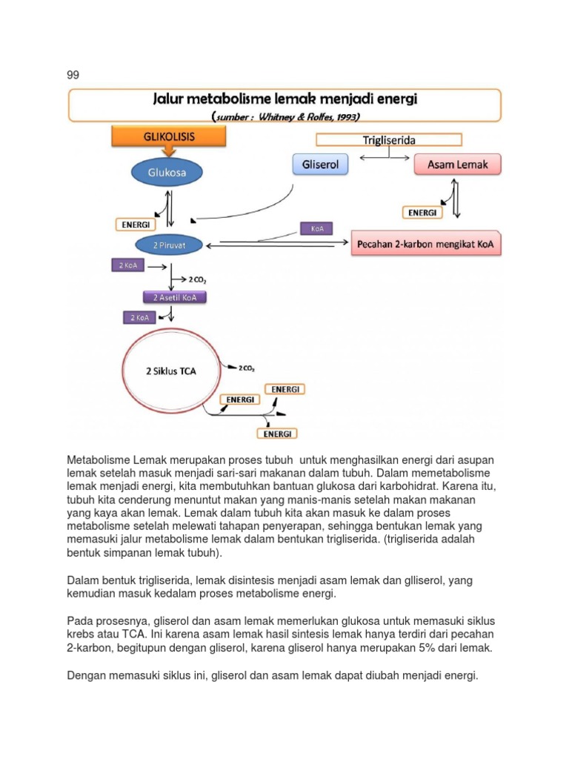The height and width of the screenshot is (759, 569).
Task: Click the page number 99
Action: coord(73,75)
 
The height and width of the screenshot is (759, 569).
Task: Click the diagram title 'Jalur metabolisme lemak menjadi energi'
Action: coord(284,99)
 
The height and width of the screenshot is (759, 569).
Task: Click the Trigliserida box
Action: coord(388,139)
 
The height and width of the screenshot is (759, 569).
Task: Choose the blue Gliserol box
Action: coord(320,165)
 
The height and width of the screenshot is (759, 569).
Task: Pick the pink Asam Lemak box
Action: coord(457,165)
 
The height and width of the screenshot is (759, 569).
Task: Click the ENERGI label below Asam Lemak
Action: coord(422,213)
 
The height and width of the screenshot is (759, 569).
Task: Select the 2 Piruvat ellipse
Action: coord(169,245)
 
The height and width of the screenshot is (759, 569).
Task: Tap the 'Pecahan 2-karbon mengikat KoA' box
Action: coord(426,242)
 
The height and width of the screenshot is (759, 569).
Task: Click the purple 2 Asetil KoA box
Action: coord(174,297)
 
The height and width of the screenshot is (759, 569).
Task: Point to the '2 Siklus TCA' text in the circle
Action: coord(170,371)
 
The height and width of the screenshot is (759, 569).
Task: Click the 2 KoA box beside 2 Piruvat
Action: coord(127,265)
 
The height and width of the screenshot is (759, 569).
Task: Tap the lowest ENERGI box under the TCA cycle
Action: coord(276,433)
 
